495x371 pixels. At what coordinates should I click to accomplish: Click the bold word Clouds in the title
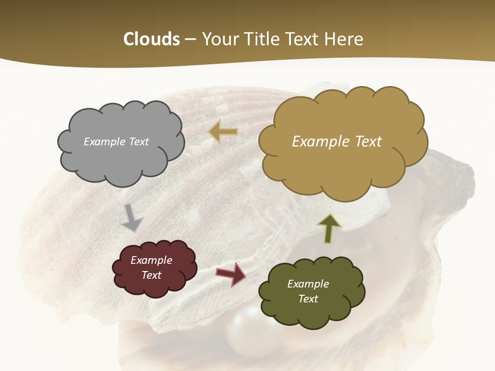pos(152,39)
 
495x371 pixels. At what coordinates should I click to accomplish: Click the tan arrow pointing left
pos(223,132)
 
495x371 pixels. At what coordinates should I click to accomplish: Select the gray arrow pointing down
pos(132,217)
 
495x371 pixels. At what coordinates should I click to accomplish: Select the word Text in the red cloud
pos(151,275)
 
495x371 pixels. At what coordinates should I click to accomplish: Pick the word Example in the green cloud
pos(308,284)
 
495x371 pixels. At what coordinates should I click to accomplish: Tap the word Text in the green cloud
pos(308,299)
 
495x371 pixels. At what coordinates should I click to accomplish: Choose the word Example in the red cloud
pos(151,260)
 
